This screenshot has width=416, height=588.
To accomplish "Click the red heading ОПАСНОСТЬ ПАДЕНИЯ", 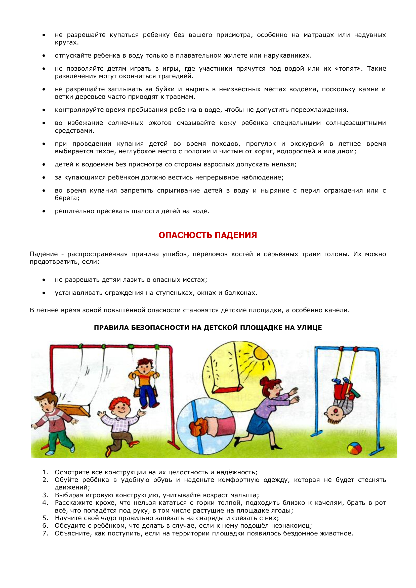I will [207, 235].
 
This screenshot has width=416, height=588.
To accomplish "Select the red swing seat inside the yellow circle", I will [227, 390].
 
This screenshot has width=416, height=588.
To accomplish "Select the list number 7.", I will [45, 533].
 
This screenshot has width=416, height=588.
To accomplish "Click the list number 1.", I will [45, 472].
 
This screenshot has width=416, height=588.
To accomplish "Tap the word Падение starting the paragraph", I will [44, 254].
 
